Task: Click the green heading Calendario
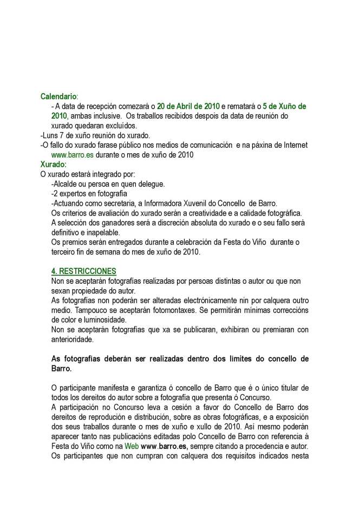(x=58, y=96)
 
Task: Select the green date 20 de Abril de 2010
(x=188, y=106)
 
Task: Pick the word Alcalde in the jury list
(x=66, y=184)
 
